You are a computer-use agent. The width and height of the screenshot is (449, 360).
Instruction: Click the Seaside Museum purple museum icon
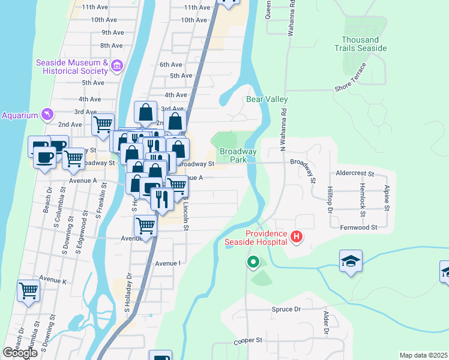click(x=117, y=65)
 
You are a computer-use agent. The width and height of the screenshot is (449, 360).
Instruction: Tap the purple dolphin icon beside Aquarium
click(x=47, y=115)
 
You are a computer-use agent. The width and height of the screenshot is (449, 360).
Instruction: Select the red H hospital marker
click(x=296, y=237)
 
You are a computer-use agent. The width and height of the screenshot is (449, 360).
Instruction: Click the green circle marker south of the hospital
click(x=253, y=262)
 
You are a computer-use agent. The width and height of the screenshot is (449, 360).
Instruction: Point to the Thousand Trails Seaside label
click(x=360, y=44)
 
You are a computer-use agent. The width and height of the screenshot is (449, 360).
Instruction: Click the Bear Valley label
click(x=267, y=99)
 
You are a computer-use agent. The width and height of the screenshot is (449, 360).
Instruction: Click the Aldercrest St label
click(x=355, y=173)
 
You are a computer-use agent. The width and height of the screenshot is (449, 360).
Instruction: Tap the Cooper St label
click(x=248, y=340)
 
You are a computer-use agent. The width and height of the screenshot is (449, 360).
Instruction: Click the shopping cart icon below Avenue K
click(x=29, y=292)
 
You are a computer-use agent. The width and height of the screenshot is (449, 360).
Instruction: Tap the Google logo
click(x=20, y=353)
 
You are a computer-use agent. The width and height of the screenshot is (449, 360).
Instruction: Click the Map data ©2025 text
click(x=423, y=355)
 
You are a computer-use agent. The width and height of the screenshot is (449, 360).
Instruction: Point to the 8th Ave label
click(x=112, y=46)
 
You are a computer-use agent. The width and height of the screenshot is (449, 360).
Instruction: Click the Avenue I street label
click(x=167, y=263)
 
